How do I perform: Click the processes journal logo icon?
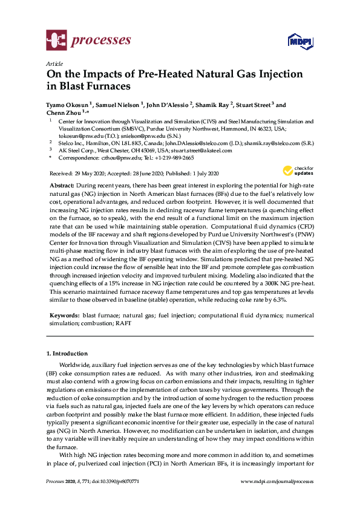point(56,41)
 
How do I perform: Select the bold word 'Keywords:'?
point(64,316)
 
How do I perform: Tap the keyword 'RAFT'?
point(123,323)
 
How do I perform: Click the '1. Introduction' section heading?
point(67,353)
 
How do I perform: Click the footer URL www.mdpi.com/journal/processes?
point(277,482)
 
